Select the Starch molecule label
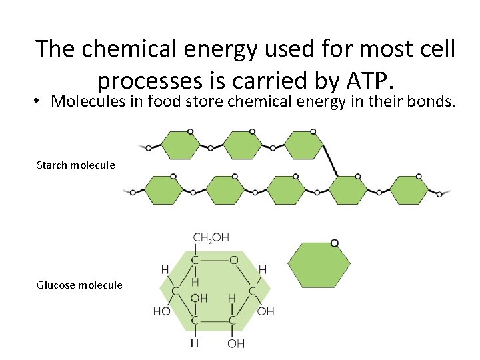pyautogui.click(x=75, y=165)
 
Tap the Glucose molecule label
pyautogui.click(x=79, y=285)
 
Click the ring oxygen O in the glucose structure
pyautogui.click(x=233, y=260)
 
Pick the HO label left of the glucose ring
pyautogui.click(x=161, y=311)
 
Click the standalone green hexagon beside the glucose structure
pyautogui.click(x=319, y=265)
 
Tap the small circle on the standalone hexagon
pyautogui.click(x=334, y=243)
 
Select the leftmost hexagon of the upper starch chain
pyautogui.click(x=180, y=145)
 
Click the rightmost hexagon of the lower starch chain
pyautogui.click(x=409, y=190)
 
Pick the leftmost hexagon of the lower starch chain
pyautogui.click(x=163, y=190)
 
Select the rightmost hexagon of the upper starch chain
pyautogui.click(x=304, y=145)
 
